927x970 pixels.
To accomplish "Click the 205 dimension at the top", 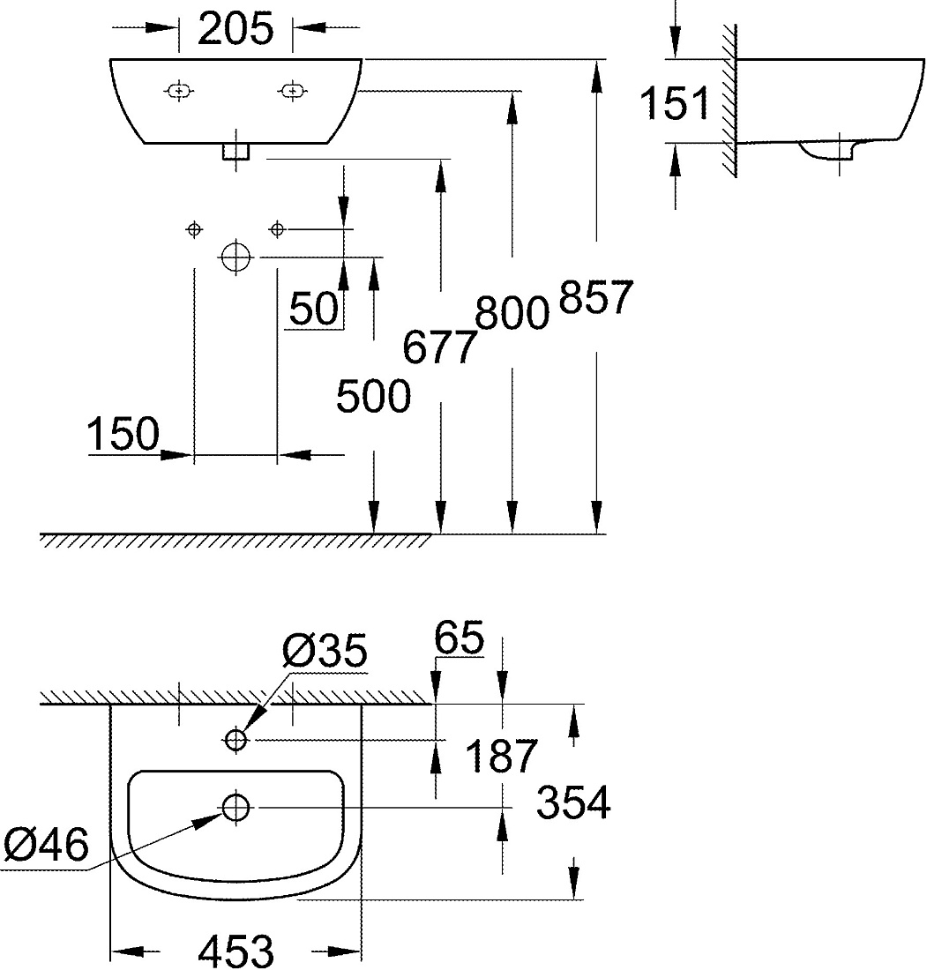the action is coord(235,28).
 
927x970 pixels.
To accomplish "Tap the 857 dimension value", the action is coord(596,297).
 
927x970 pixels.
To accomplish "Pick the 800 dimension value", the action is coord(512,313).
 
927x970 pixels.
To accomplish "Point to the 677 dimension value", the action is coord(440,347).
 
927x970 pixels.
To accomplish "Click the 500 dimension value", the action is coord(373,397).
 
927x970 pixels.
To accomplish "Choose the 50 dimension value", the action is coord(314,309).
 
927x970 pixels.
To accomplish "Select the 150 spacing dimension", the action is coord(123,434).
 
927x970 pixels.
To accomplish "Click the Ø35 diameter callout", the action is coord(325,650).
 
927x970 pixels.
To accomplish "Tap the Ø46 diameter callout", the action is coord(47,845).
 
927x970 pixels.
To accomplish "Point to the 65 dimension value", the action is coord(459,638).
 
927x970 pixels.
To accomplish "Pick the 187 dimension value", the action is coord(501,756).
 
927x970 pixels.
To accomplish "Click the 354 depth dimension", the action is coord(573,803).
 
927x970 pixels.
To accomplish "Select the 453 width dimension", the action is coord(235,951).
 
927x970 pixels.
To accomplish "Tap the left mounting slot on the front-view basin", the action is coord(179,92).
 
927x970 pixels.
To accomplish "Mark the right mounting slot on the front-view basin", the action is coord(291,92).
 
